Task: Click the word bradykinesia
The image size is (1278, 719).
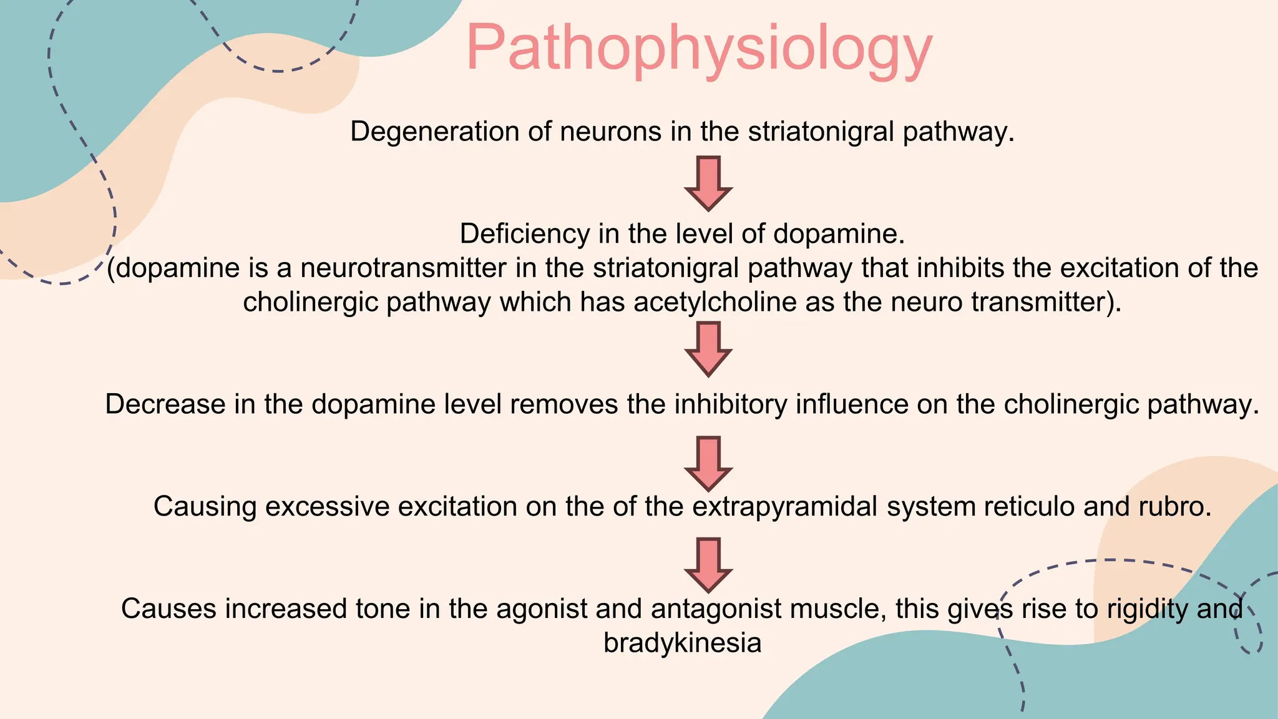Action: coord(683,643)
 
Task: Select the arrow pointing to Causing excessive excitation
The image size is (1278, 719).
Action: coord(708,463)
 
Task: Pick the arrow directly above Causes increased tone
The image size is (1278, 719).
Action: coord(708,564)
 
